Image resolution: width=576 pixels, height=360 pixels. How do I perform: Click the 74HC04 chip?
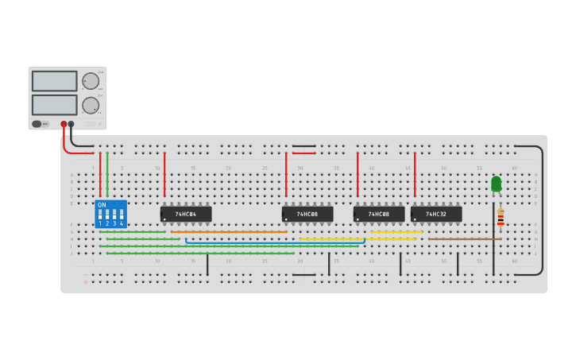pyautogui.click(x=186, y=214)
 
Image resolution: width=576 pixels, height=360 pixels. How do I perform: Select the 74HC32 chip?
pyautogui.click(x=436, y=214)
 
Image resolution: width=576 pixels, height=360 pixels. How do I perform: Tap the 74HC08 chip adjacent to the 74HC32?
pyautogui.click(x=379, y=214)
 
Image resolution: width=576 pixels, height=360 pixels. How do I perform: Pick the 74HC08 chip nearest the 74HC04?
pyautogui.click(x=307, y=214)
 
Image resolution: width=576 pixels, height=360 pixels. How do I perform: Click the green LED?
pyautogui.click(x=497, y=184)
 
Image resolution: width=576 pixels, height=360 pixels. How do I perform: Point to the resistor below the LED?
pyautogui.click(x=501, y=217)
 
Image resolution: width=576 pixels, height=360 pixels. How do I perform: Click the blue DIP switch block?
pyautogui.click(x=110, y=214)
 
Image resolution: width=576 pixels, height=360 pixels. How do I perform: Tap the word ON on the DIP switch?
pyautogui.click(x=102, y=205)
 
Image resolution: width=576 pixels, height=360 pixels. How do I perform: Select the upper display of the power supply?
pyautogui.click(x=55, y=81)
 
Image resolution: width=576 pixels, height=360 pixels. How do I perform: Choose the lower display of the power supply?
pyautogui.click(x=55, y=105)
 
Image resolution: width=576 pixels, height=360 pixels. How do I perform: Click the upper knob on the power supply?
pyautogui.click(x=91, y=81)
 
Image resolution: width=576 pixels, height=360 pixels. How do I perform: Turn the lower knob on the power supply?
pyautogui.click(x=91, y=105)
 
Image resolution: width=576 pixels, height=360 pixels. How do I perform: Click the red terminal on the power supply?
pyautogui.click(x=64, y=124)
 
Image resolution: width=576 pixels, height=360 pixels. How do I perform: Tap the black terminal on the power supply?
pyautogui.click(x=72, y=124)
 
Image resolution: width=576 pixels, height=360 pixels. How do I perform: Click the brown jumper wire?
pyautogui.click(x=465, y=238)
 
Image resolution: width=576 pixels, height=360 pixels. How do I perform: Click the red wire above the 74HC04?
pyautogui.click(x=164, y=175)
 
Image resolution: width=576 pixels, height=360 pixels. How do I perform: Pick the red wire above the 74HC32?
pyautogui.click(x=415, y=175)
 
